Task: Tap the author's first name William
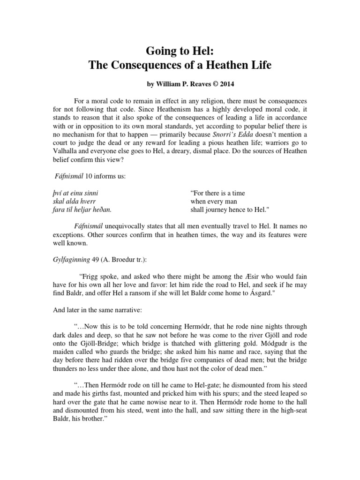pyautogui.click(x=162, y=87)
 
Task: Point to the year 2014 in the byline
pyautogui.click(x=217, y=87)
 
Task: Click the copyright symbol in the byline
pyautogui.click(x=203, y=87)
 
